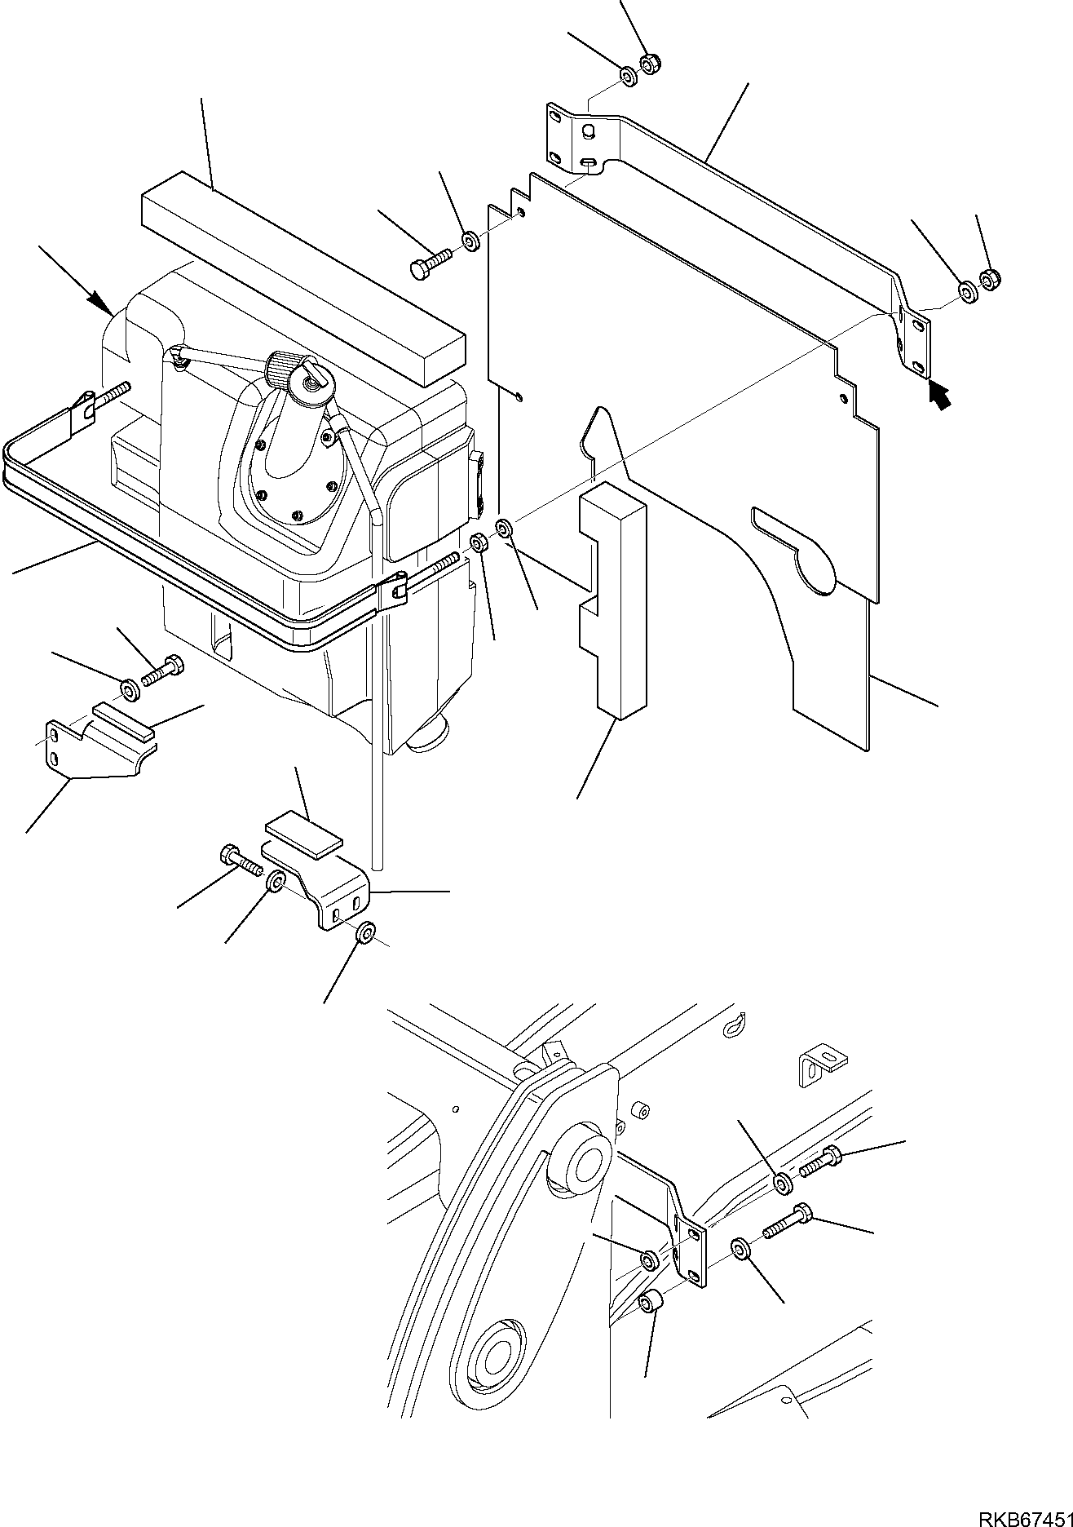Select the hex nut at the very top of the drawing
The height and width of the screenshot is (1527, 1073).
pos(651,63)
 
